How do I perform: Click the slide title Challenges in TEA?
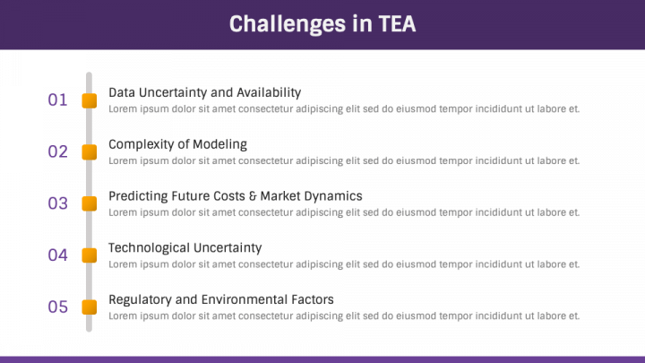[322, 24]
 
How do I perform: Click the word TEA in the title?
[397, 23]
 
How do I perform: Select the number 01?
[57, 100]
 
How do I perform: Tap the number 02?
[57, 151]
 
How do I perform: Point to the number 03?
[57, 203]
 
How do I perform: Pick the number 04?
[57, 255]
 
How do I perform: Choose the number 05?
[57, 307]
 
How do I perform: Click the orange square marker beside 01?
[90, 100]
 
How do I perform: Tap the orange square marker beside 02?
[90, 151]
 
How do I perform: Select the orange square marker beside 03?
[90, 203]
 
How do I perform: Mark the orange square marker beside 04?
[90, 255]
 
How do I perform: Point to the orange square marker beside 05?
[90, 307]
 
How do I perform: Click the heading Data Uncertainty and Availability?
[205, 92]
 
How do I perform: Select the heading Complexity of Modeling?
[177, 144]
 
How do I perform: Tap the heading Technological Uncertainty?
[185, 247]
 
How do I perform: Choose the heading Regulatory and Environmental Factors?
[221, 299]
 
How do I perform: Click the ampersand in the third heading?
[253, 196]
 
